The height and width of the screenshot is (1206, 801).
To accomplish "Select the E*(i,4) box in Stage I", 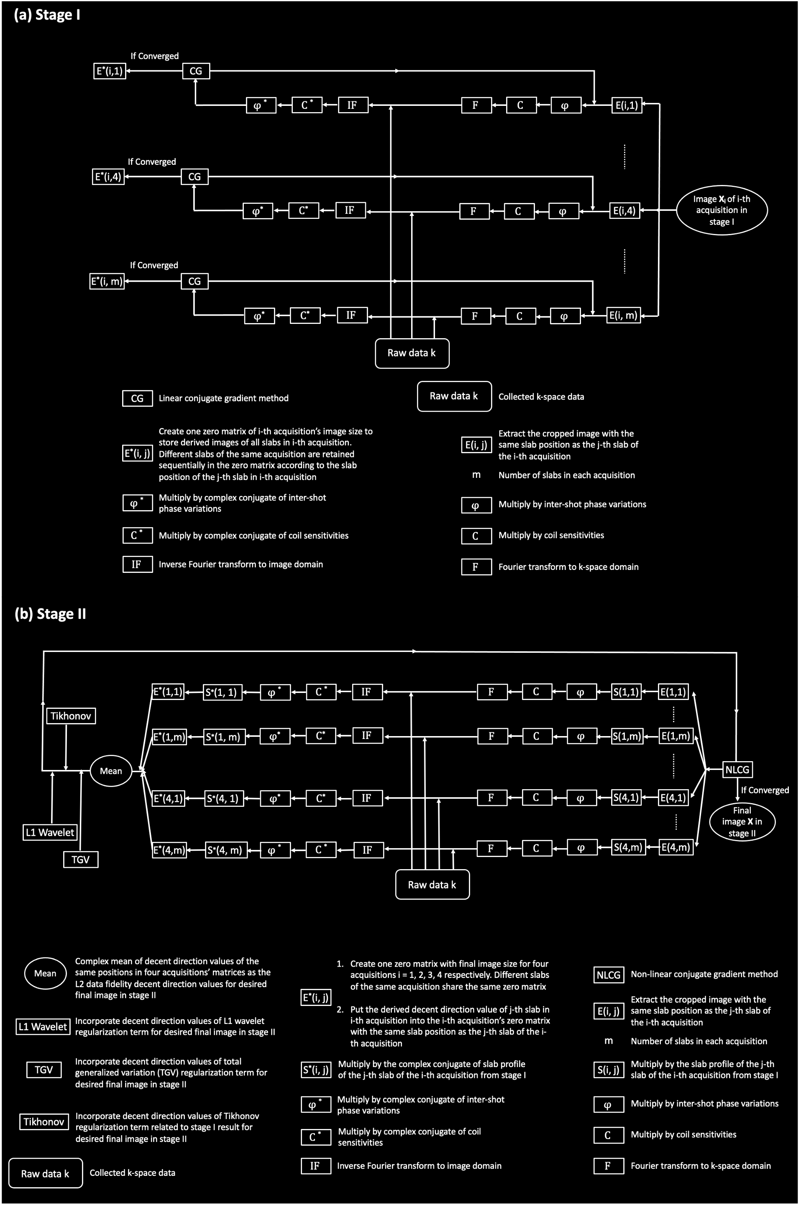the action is (x=108, y=177).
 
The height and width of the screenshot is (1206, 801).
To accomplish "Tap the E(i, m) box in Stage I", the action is (x=624, y=315).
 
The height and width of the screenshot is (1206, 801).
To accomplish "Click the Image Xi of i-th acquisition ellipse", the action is (x=722, y=210).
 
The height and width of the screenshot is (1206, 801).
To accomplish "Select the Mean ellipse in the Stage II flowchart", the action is (x=111, y=771).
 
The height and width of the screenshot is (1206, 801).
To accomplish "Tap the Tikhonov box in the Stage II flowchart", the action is (x=71, y=716).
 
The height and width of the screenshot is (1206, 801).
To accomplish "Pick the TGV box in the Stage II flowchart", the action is (x=81, y=860).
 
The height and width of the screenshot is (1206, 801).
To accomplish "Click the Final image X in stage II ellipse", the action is (x=742, y=821).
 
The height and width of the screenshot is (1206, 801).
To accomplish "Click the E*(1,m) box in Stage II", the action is (x=169, y=737).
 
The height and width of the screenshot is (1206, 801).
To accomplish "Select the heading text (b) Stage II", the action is (x=50, y=614).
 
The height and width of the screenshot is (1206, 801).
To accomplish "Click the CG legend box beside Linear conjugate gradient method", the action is (x=138, y=398).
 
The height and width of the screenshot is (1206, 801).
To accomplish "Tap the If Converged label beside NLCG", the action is (x=765, y=790).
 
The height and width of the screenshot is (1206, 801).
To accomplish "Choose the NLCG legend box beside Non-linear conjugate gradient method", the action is (x=609, y=975).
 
